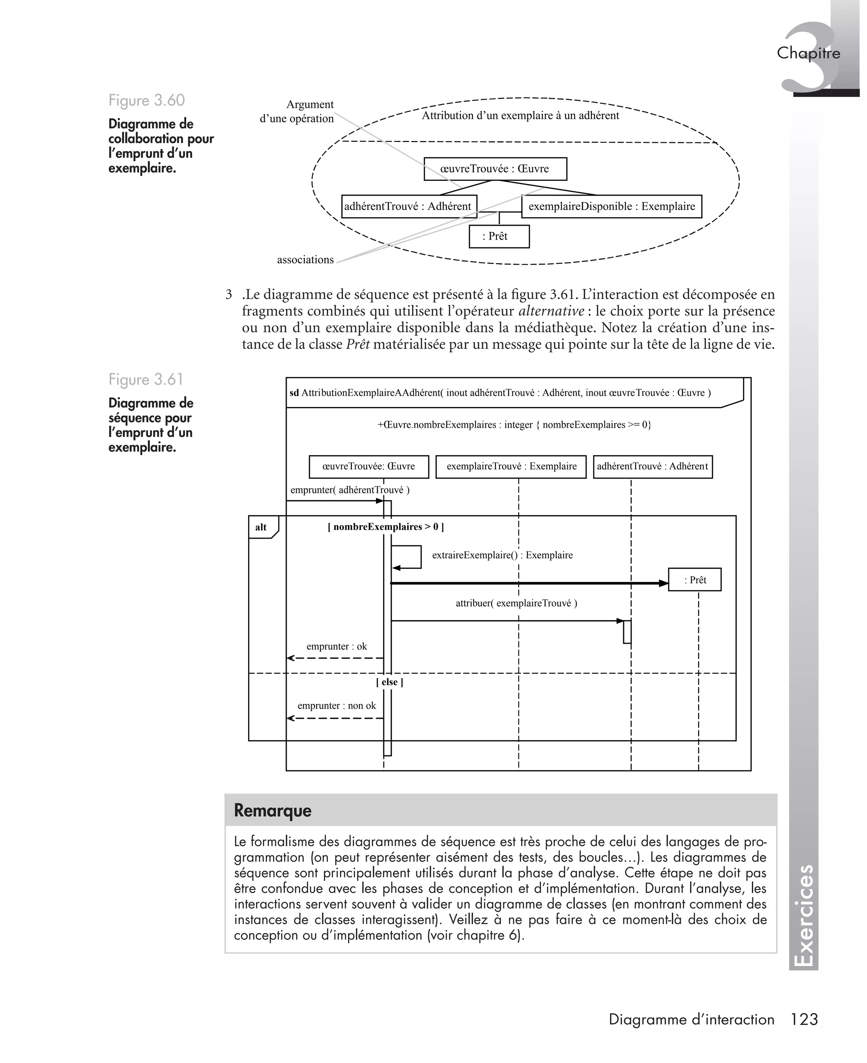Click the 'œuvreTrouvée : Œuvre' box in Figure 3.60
495,169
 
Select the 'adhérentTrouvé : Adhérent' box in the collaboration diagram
409,206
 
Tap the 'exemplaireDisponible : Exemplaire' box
611,206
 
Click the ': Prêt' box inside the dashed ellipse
499,236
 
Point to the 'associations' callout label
305,260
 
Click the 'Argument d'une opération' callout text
298,111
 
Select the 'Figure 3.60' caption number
146,100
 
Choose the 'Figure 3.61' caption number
146,379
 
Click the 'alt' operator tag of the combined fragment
261,527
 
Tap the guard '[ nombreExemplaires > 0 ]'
386,526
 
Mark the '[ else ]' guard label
389,682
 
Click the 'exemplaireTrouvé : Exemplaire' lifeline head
511,467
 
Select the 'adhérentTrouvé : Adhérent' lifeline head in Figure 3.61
652,467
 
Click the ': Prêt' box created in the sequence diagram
695,580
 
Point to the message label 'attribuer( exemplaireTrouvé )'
516,603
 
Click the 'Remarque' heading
273,810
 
